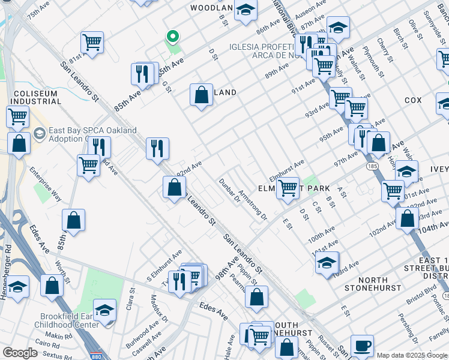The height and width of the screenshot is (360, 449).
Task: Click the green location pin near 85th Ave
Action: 172,37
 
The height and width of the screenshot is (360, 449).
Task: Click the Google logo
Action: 20,353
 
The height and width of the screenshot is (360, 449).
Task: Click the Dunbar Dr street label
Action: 229,191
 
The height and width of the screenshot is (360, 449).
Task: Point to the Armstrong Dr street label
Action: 252,205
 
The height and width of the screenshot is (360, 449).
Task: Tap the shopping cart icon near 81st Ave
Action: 92,42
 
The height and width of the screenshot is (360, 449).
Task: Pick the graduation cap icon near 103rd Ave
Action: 327,263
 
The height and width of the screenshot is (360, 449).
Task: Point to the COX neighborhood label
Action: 413,100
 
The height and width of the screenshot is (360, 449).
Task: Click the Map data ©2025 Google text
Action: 411,355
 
